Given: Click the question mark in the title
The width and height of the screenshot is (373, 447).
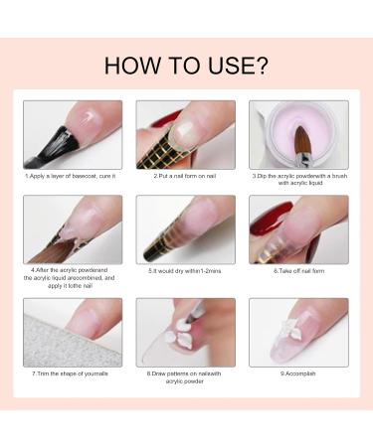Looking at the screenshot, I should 262,67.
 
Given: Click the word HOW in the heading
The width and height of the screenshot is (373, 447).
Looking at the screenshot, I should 127,67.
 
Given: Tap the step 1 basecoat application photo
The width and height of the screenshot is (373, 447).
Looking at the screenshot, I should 73,134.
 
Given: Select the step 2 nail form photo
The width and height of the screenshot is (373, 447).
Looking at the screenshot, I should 185,134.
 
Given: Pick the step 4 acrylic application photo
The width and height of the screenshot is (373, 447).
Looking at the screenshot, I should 73,228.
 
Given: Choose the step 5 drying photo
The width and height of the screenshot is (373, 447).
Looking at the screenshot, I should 185,228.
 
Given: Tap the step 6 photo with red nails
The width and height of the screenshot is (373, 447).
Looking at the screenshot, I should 297,228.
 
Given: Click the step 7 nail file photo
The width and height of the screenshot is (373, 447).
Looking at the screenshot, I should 73,332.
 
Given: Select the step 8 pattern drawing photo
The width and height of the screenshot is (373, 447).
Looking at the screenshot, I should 185,332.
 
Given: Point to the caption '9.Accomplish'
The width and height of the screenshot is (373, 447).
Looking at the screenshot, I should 297,373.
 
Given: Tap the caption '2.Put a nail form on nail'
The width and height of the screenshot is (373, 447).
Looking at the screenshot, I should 185,176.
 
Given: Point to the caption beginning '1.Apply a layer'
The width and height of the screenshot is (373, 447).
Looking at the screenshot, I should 73,176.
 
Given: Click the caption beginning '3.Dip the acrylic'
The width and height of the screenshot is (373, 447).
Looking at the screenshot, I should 297,179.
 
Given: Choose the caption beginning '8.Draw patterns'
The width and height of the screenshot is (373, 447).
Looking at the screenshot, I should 185,376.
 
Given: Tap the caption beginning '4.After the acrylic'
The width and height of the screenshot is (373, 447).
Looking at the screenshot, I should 73,277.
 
